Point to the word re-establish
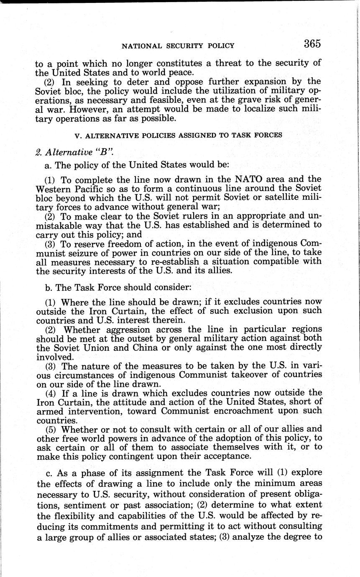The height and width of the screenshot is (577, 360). (x=196, y=262)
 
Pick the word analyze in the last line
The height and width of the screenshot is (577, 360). (x=253, y=536)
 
